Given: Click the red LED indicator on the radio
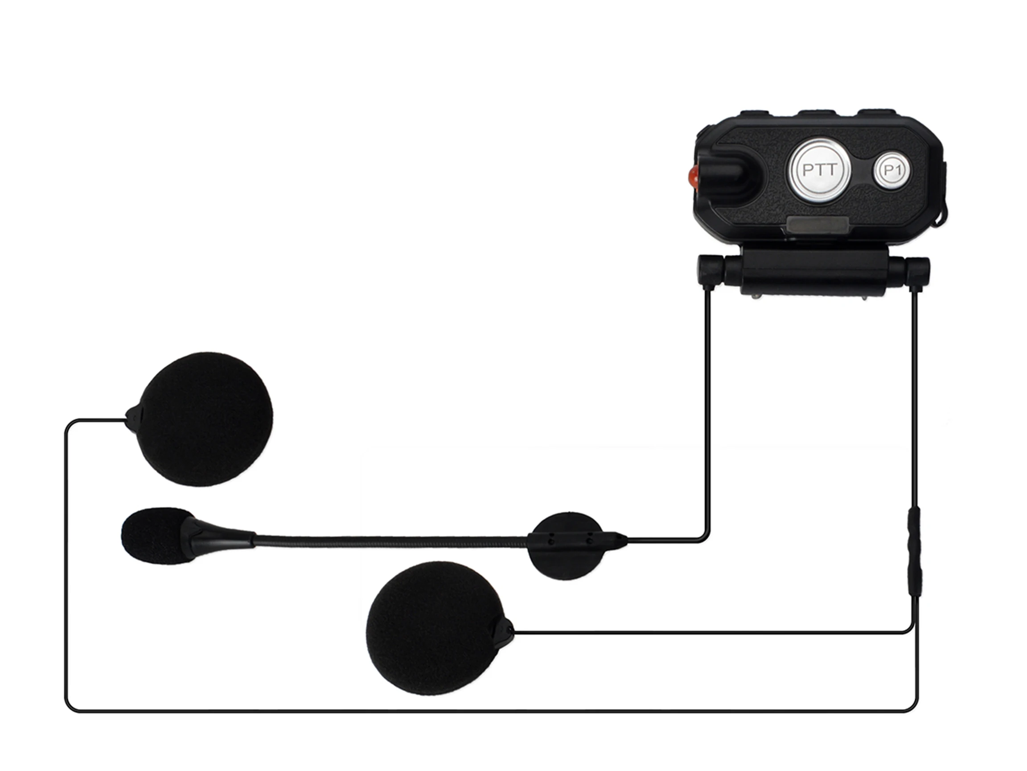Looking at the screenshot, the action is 693,177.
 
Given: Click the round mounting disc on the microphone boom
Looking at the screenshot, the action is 567,546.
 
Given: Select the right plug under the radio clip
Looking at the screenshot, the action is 917,270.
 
